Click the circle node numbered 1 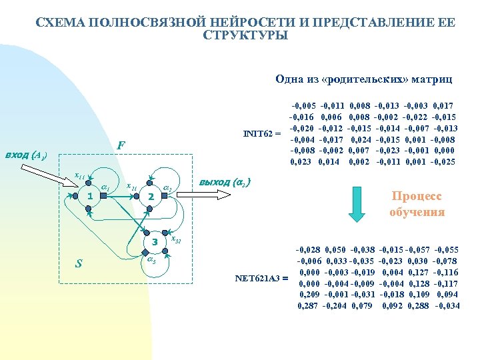pos(89,196)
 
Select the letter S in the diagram pos(79,264)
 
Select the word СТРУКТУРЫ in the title pos(245,35)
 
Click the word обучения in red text pos(417,213)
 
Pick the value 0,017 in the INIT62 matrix pos(444,105)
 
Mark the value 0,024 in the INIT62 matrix pos(360,140)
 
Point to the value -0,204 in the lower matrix pos(337,305)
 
